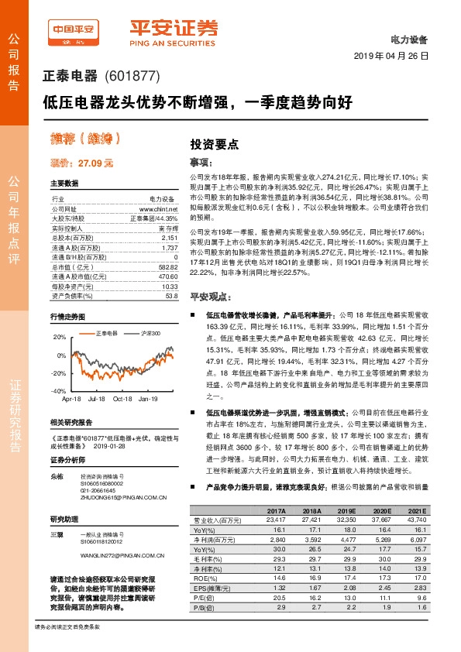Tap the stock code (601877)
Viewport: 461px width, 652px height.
(x=131, y=76)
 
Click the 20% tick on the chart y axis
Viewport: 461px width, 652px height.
(x=59, y=338)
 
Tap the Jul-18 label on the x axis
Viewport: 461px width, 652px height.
(x=96, y=399)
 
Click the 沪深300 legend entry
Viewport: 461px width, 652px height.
(x=150, y=333)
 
